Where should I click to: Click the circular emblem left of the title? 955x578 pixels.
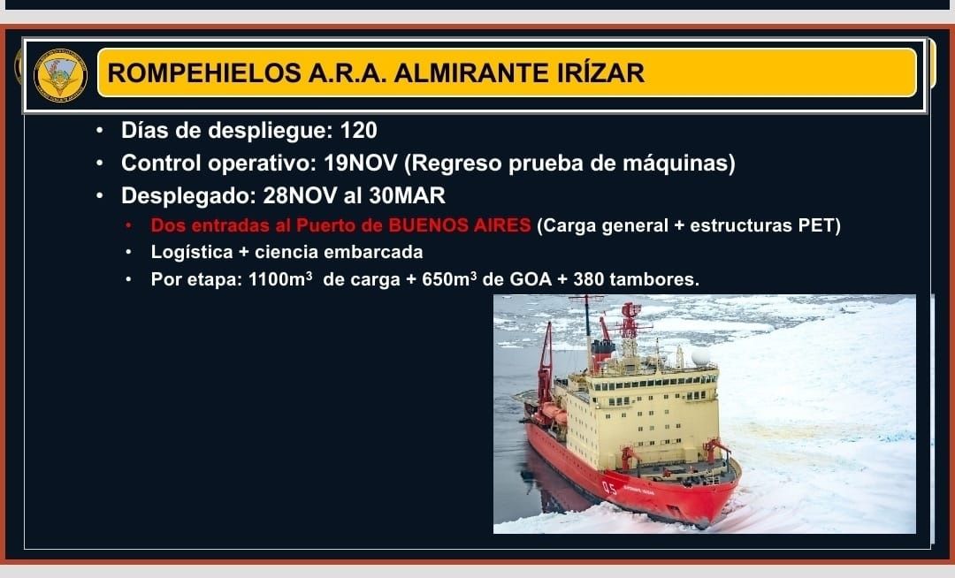60,75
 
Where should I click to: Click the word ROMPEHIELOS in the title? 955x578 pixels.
204,73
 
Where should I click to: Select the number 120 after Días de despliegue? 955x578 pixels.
359,130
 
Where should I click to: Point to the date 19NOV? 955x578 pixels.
360,163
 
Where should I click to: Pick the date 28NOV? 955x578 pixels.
300,195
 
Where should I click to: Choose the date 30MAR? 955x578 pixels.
407,195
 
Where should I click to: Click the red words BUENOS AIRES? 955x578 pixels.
459,225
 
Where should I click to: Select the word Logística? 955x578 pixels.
192,252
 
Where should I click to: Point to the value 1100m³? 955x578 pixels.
280,279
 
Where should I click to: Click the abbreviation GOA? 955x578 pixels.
531,279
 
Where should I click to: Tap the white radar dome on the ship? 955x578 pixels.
700,356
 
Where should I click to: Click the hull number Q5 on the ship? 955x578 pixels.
609,488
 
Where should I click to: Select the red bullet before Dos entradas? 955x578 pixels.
128,225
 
